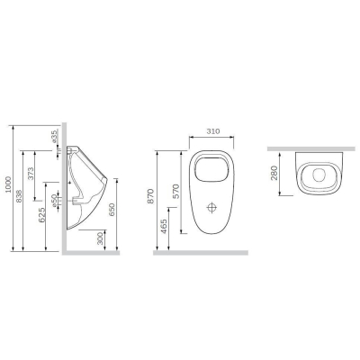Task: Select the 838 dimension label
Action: (x=19, y=196)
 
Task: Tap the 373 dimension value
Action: (x=31, y=174)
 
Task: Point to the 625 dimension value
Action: (x=42, y=215)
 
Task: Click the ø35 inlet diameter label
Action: (x=54, y=136)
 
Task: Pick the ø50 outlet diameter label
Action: (x=54, y=201)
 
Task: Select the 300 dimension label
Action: (x=100, y=238)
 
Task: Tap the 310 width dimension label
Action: (x=213, y=131)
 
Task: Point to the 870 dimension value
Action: (x=151, y=196)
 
